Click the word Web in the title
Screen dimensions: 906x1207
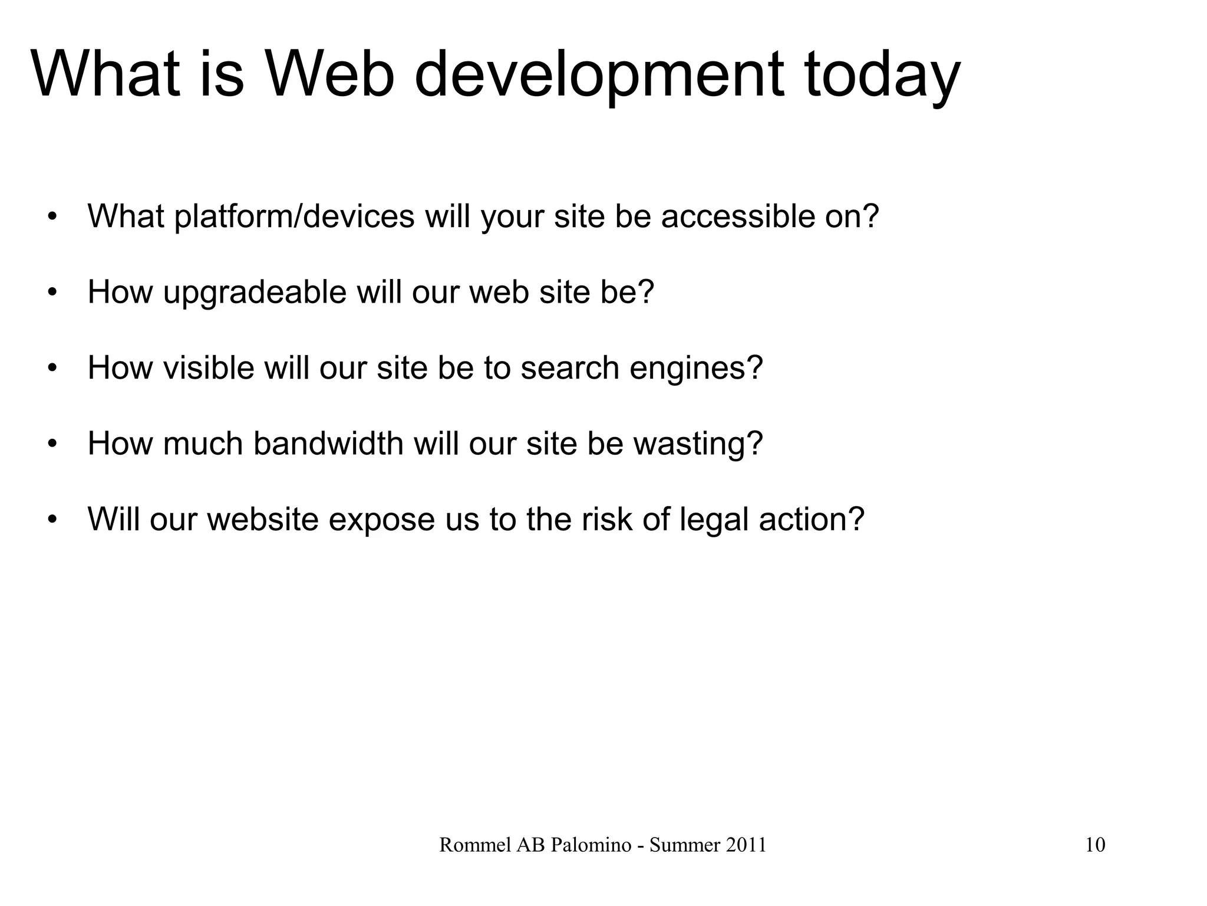(x=330, y=75)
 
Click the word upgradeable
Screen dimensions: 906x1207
(x=255, y=293)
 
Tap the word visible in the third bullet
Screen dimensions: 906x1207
(x=208, y=368)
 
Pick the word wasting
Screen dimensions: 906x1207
(x=698, y=444)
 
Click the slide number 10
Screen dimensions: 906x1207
(x=1095, y=845)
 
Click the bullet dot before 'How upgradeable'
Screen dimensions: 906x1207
(x=52, y=293)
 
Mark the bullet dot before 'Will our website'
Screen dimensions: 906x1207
(x=52, y=520)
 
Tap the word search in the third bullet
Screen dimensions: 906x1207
(x=570, y=368)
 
